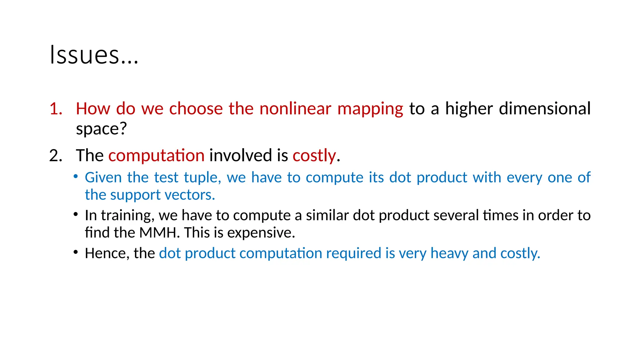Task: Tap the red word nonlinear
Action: (295, 109)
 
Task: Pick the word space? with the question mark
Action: (101, 129)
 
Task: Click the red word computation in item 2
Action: (156, 156)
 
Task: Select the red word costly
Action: (314, 156)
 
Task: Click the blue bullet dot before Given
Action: (76, 177)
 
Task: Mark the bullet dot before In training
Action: (76, 214)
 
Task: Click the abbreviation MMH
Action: (159, 232)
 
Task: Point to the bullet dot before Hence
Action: (76, 252)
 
